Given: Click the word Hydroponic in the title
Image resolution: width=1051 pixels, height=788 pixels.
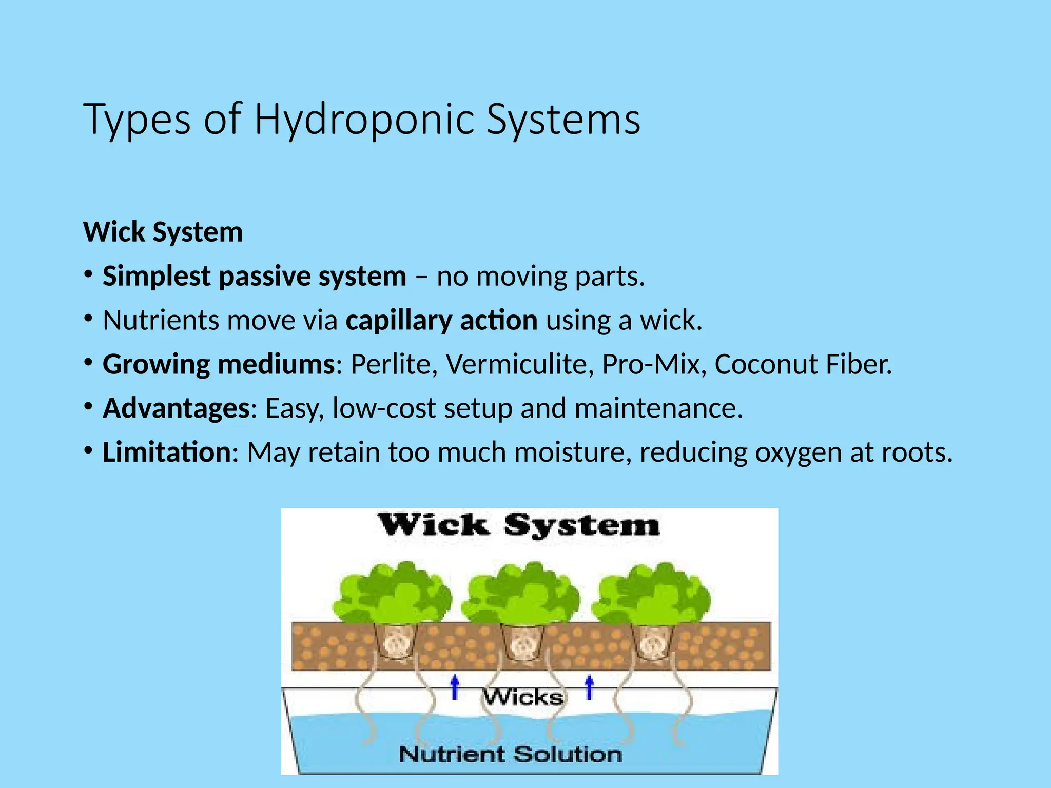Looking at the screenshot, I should [x=364, y=120].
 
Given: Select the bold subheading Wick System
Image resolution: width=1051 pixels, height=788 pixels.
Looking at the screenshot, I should [x=163, y=232].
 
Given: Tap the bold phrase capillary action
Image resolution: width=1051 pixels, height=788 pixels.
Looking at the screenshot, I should [x=441, y=321].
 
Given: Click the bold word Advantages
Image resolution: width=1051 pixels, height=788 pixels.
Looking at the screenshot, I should [x=176, y=408].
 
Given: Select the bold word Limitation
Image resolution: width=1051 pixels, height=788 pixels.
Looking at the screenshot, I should [x=167, y=452].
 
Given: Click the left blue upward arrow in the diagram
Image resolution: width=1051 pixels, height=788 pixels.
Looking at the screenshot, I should [x=455, y=687].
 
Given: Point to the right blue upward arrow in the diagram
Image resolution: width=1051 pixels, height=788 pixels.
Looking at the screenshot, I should [x=590, y=687].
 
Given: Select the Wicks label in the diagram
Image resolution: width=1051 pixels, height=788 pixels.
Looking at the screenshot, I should [x=523, y=697].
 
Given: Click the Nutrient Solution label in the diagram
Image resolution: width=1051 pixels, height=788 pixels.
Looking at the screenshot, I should [x=510, y=754].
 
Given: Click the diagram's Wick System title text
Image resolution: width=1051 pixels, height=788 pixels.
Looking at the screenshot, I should [x=518, y=525].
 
